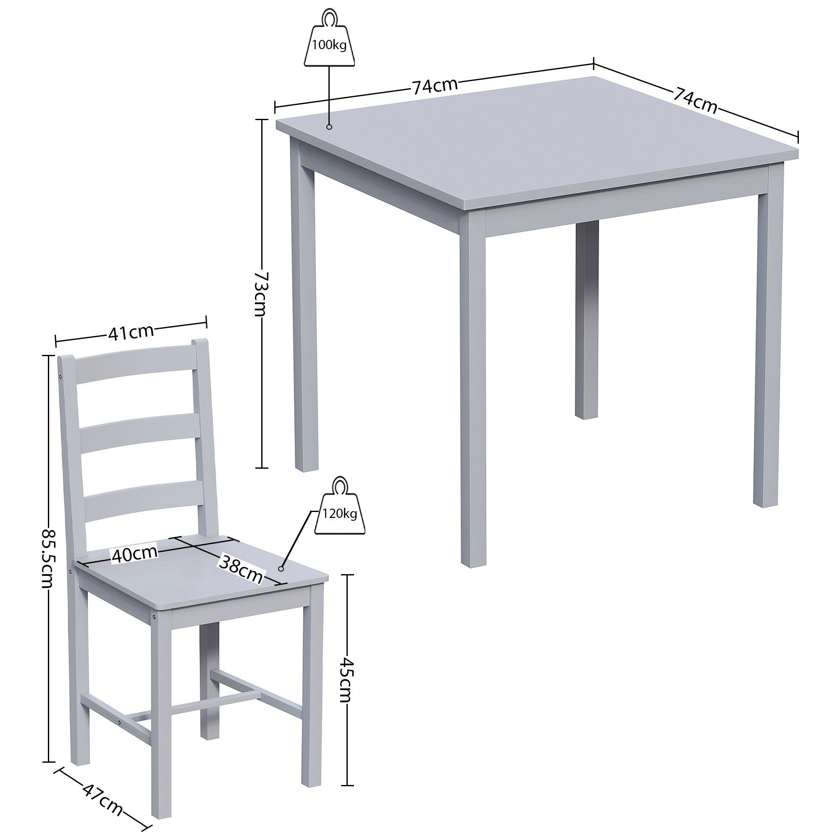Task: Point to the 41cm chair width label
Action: (131, 332)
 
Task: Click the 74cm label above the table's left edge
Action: (435, 86)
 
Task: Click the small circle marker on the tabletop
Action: (329, 127)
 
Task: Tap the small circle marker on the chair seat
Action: (281, 568)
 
